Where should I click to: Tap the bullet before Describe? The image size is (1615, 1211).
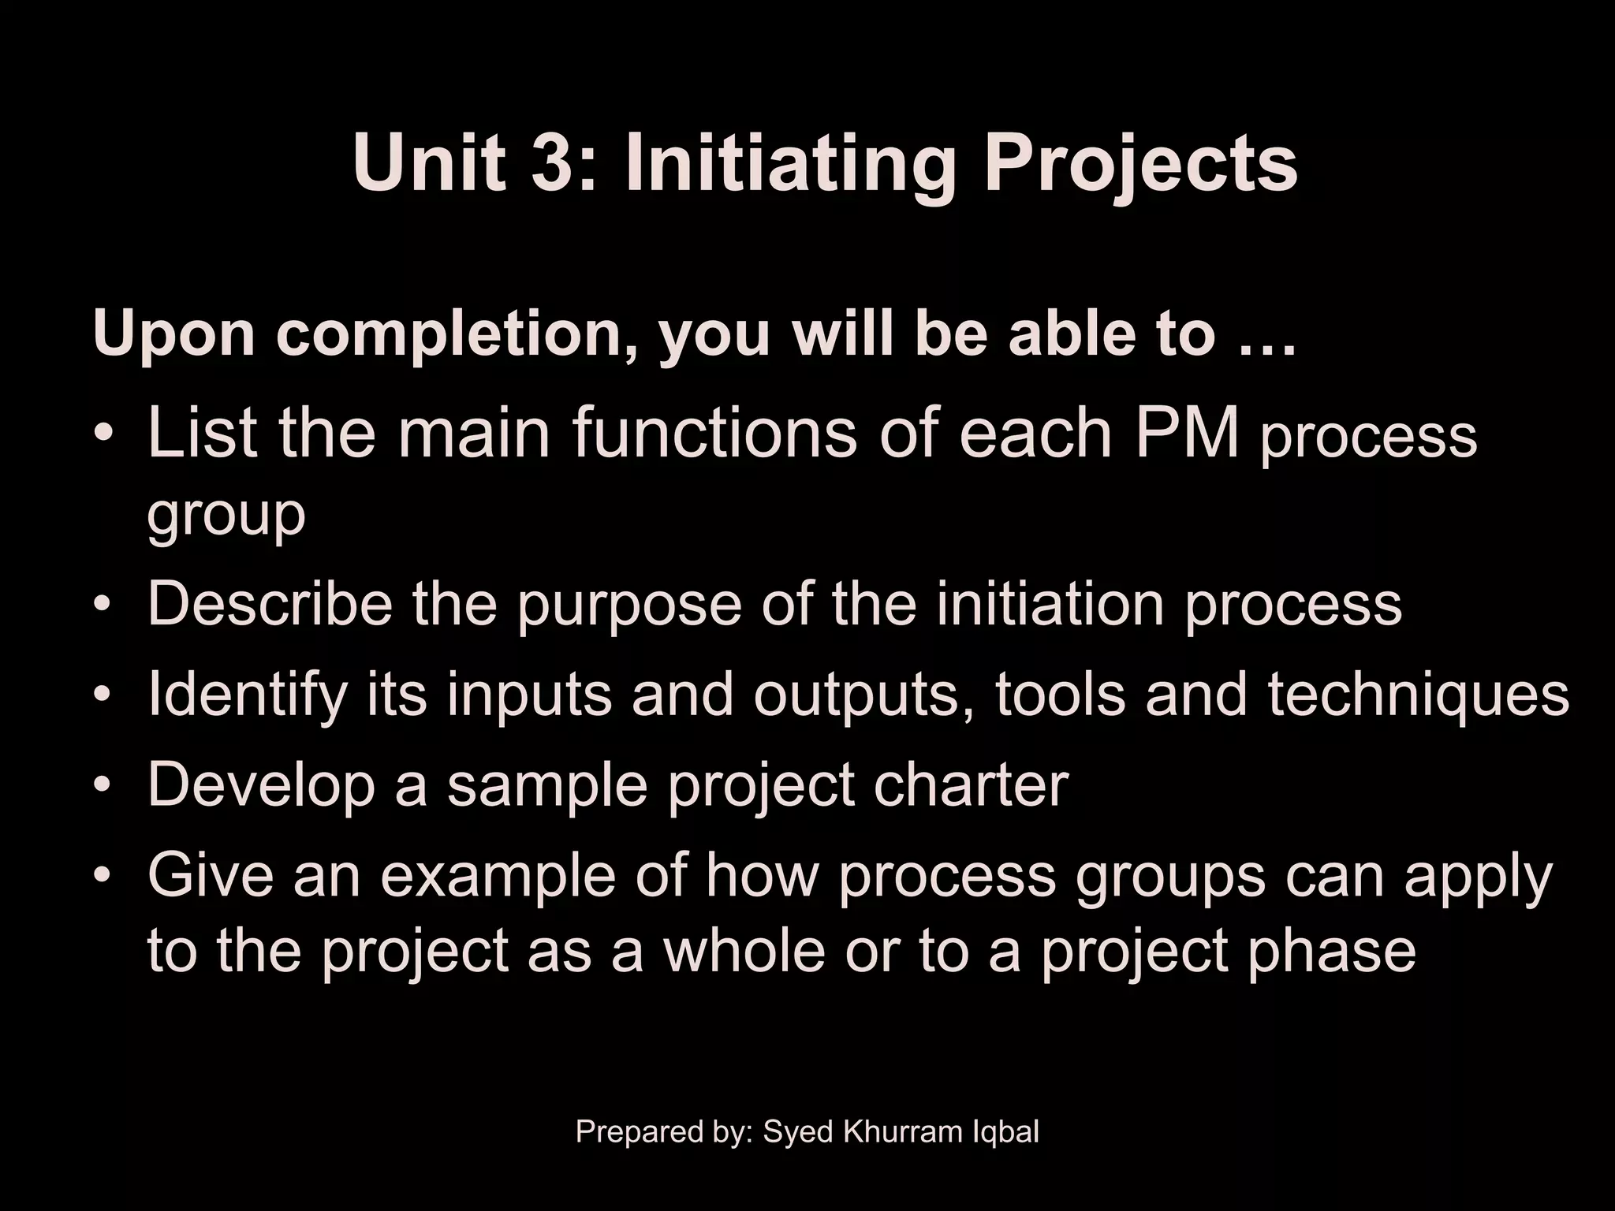(x=102, y=605)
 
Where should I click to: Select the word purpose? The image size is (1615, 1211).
(x=628, y=605)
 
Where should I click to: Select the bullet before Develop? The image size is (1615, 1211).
(x=102, y=786)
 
